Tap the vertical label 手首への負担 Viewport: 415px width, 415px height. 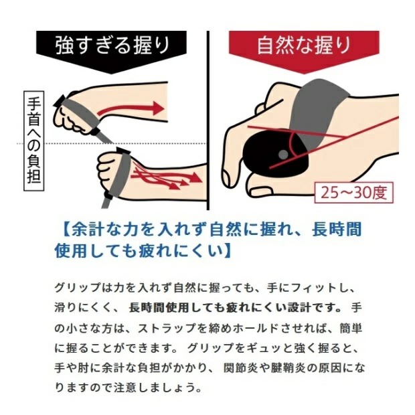click(x=34, y=141)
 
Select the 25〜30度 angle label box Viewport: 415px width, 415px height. click(x=354, y=193)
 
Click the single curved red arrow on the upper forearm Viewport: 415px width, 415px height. click(x=130, y=108)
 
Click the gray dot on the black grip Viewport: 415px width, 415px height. click(x=283, y=154)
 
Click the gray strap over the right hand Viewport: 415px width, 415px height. click(x=317, y=111)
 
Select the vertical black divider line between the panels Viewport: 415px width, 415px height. click(x=209, y=120)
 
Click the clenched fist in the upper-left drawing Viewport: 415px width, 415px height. click(x=70, y=114)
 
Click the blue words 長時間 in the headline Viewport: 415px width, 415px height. click(x=337, y=229)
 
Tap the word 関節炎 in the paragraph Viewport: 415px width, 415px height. click(x=240, y=368)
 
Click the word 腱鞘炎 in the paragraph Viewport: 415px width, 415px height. click(x=287, y=368)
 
